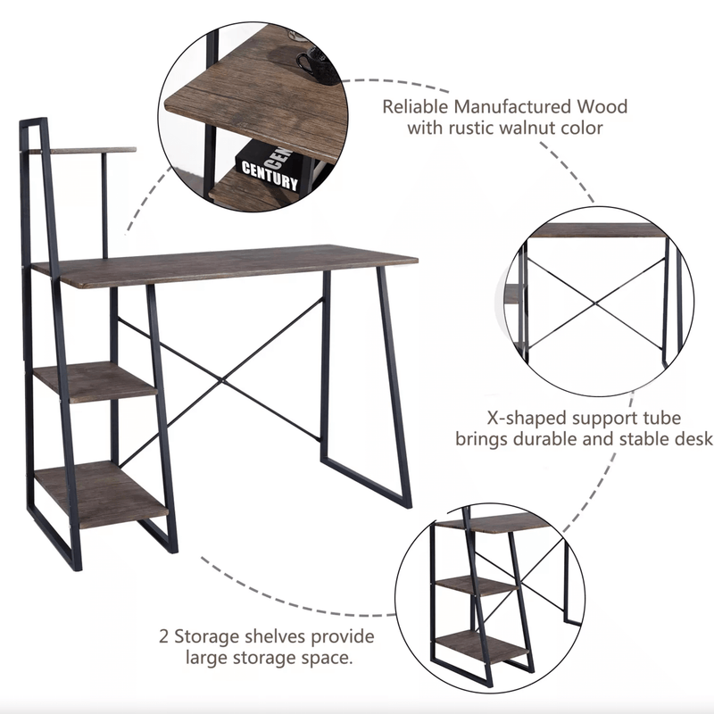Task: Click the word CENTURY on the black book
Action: [x=270, y=175]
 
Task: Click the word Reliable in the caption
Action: [x=415, y=106]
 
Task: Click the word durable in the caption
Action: [x=544, y=439]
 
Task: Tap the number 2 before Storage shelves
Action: [x=164, y=636]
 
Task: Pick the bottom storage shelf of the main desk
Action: [x=101, y=494]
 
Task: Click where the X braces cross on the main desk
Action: [x=221, y=381]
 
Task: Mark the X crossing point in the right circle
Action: [x=595, y=303]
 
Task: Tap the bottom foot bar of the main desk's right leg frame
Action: [x=366, y=483]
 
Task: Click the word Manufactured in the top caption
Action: [x=512, y=106]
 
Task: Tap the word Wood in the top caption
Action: [x=602, y=106]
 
